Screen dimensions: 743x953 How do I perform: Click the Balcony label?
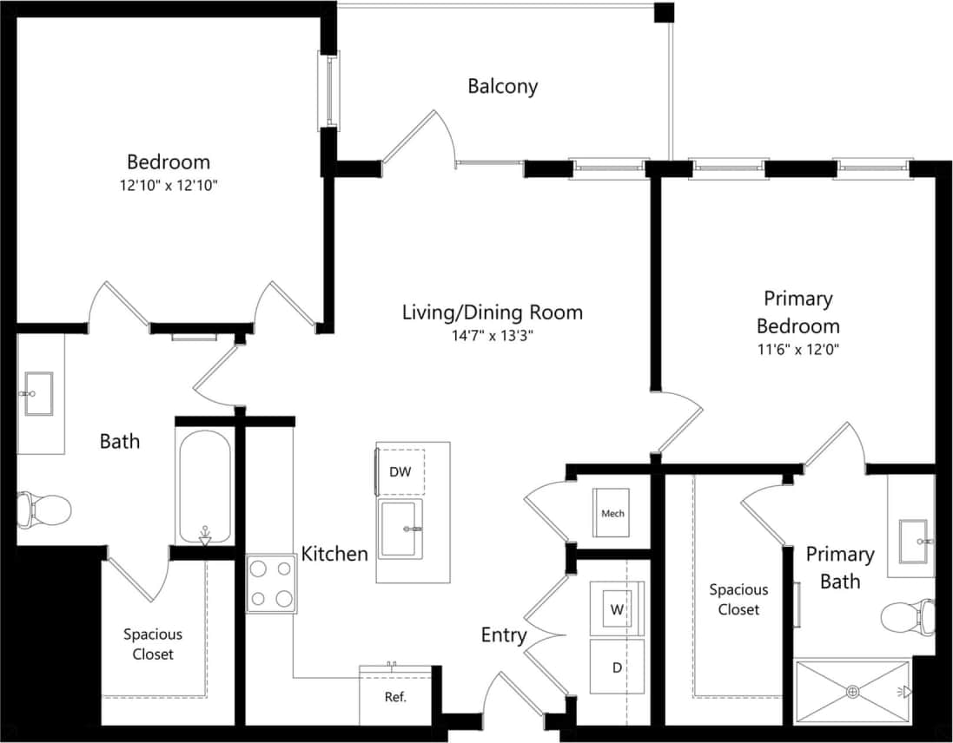tap(502, 86)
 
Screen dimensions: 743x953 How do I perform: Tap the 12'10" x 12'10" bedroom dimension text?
tap(169, 185)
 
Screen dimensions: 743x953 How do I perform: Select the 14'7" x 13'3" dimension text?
tap(492, 336)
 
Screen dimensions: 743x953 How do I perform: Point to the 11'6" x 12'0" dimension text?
tap(797, 350)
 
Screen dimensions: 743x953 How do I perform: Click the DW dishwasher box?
tap(400, 472)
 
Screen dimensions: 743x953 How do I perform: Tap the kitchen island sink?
tap(400, 529)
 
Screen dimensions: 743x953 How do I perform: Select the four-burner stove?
tap(271, 583)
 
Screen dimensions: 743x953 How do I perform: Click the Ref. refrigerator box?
tap(395, 696)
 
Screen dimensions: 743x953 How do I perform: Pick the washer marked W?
tap(617, 609)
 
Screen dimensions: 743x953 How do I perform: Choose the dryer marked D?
tap(617, 667)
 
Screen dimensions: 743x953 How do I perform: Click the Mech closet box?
tap(612, 513)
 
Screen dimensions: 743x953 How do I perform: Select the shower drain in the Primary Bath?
tap(853, 692)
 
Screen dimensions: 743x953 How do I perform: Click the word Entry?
tap(504, 635)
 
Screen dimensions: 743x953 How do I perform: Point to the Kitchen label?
tap(334, 554)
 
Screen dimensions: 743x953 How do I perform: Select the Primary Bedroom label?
tap(797, 312)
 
